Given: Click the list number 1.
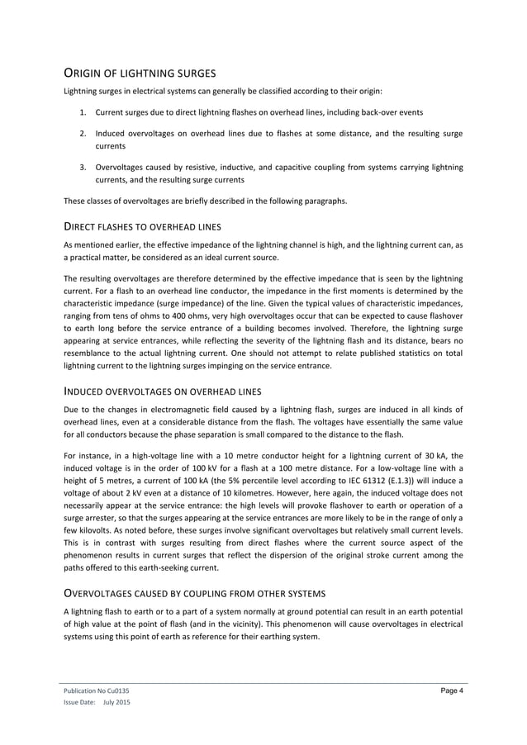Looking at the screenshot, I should pos(83,112).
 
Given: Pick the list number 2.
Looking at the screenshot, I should pos(83,133).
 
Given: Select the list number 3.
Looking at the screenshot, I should pos(83,168).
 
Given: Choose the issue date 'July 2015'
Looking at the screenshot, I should pos(116,702).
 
